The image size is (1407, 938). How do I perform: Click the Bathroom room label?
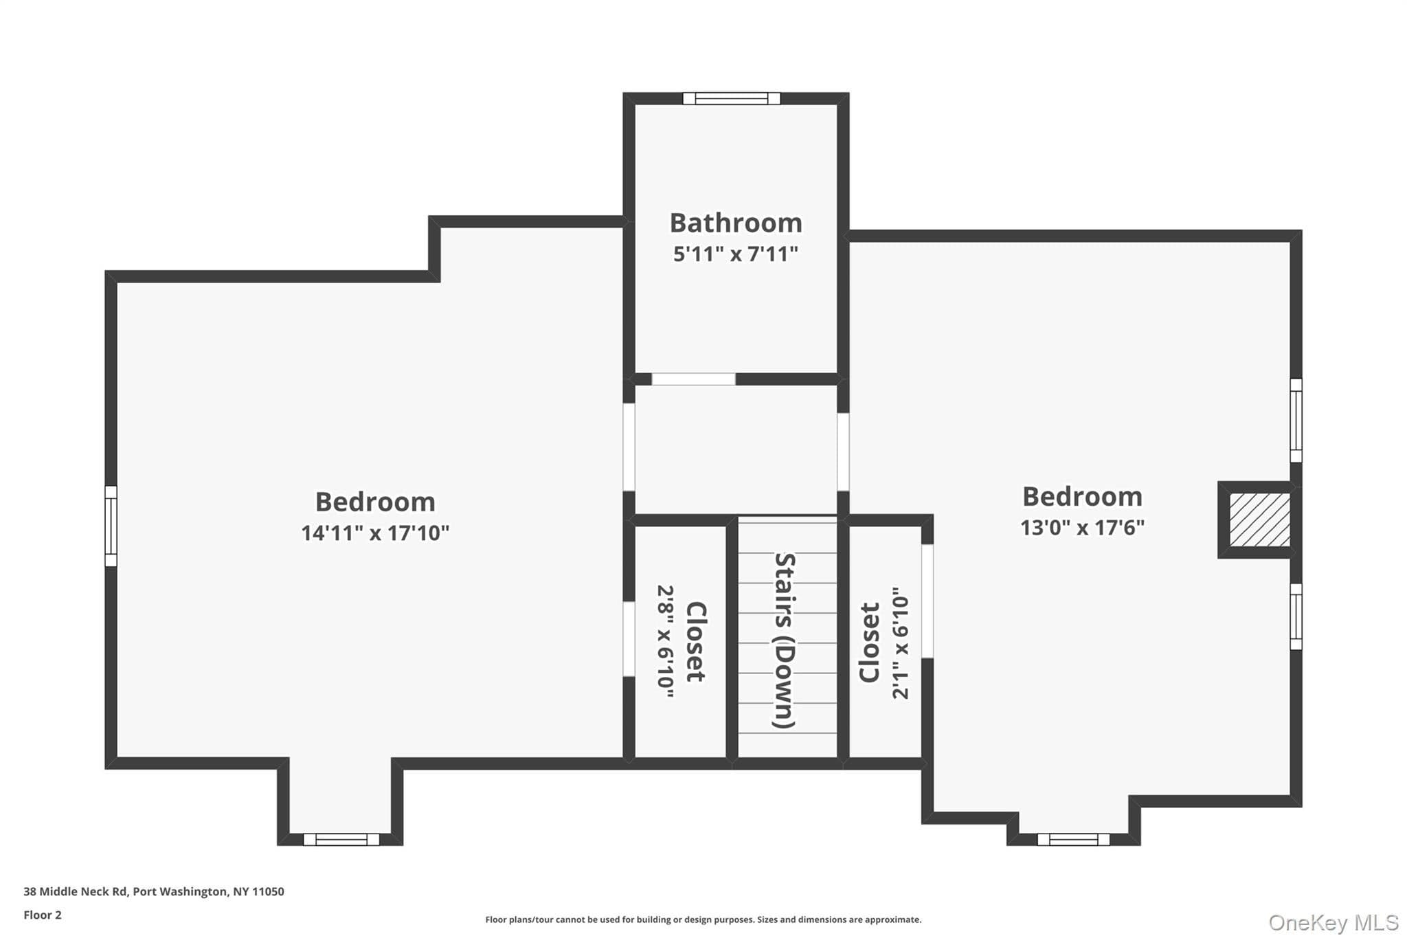tap(736, 223)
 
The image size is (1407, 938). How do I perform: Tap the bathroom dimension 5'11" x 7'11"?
tap(736, 254)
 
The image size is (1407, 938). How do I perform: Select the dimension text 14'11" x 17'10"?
tap(375, 533)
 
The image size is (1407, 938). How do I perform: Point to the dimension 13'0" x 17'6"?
tap(1082, 528)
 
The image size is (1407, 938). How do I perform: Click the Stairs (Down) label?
tap(785, 640)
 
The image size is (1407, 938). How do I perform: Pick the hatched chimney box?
tap(1259, 520)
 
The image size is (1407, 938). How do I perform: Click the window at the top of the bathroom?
tap(732, 98)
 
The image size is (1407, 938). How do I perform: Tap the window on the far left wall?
tap(111, 526)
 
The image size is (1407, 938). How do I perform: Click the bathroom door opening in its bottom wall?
tap(693, 379)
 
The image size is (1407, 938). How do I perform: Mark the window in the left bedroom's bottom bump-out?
tap(341, 839)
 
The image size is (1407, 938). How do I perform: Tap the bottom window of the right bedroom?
tap(1073, 839)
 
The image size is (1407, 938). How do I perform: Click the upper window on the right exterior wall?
tap(1296, 421)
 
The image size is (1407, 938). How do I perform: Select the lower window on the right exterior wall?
tap(1296, 616)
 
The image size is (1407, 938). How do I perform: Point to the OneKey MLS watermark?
tap(1333, 922)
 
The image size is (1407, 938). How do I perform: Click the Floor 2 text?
tap(43, 915)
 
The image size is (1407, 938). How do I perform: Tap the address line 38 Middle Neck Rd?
tap(154, 891)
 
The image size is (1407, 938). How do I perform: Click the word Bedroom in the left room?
tap(375, 502)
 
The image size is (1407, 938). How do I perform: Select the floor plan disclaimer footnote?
tap(703, 919)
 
